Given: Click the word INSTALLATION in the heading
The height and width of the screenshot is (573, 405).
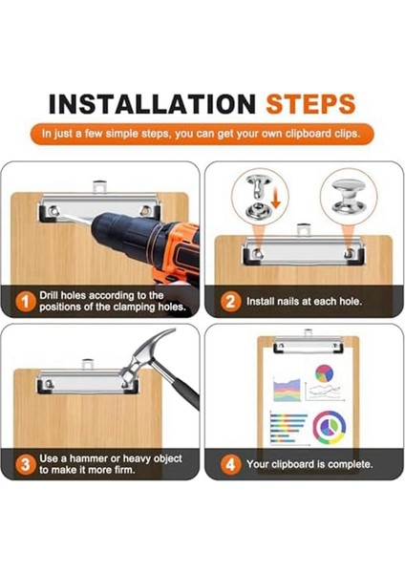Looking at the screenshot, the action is point(152,104).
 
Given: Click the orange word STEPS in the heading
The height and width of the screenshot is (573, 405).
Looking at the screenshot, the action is point(310,104).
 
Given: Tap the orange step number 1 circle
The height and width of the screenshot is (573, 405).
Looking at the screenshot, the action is point(25,302).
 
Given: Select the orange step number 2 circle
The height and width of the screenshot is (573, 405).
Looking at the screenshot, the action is point(230,302).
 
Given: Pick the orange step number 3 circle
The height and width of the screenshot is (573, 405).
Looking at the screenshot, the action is point(25,464).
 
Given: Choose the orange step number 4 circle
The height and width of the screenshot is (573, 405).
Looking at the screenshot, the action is point(230,464).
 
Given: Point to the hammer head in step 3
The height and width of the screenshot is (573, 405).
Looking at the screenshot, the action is point(146,356).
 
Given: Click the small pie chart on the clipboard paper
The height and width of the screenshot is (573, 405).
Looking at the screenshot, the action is point(324,373).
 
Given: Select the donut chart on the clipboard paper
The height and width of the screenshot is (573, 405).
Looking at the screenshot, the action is point(329,428).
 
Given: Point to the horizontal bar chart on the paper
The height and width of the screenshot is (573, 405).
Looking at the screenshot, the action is point(288,428).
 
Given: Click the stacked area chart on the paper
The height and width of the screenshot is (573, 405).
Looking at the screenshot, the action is point(287,391).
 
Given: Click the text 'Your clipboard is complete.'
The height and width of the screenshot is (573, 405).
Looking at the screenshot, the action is point(309,464).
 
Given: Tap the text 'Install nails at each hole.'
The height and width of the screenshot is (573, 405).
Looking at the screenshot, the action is point(304,302).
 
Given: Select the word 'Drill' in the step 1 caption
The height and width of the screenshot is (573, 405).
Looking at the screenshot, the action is point(49,295).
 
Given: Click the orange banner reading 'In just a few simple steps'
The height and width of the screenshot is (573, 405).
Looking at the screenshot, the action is point(202,134).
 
